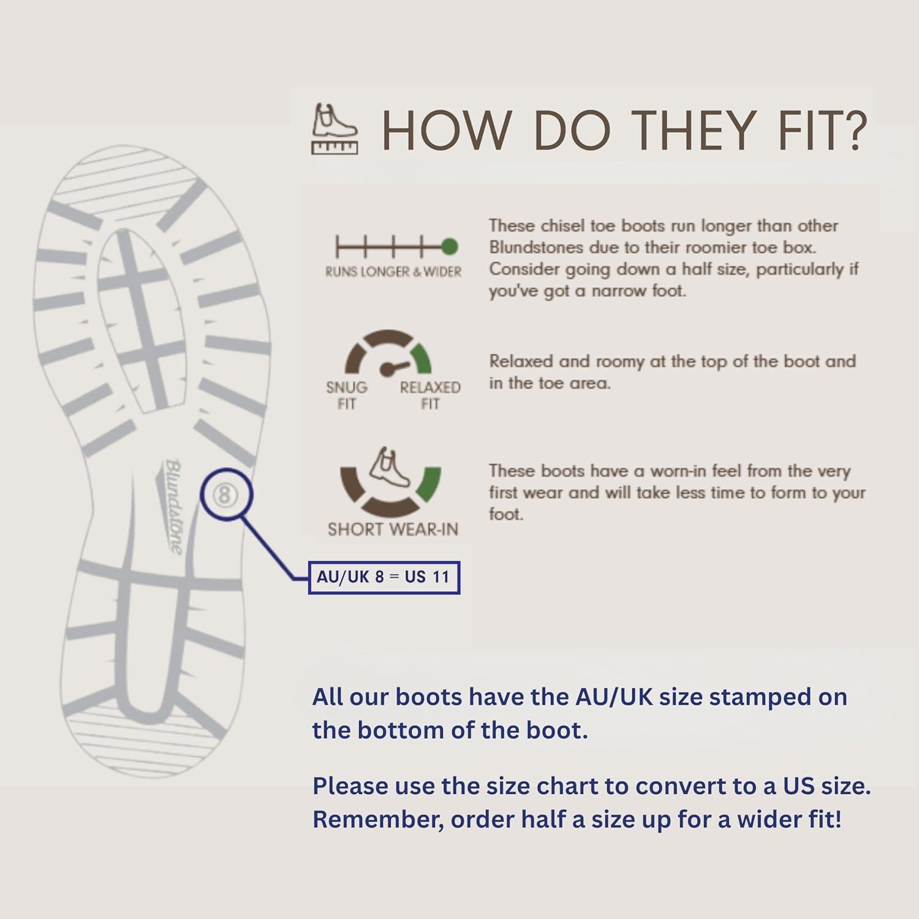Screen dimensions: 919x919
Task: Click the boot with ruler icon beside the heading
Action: pos(335,129)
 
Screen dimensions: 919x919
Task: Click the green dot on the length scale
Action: pos(449,247)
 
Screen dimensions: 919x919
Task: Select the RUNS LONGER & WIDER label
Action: pos(393,272)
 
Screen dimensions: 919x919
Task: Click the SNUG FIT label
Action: pos(347,395)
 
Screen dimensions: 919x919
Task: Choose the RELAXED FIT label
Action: pos(430,395)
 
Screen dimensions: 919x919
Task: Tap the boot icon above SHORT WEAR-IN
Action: pos(390,467)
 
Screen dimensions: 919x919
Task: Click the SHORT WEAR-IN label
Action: pos(393,529)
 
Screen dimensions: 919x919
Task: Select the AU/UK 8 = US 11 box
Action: pos(384,577)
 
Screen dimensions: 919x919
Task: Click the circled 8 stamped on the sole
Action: pos(225,494)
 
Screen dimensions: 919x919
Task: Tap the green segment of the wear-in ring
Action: pos(429,483)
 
